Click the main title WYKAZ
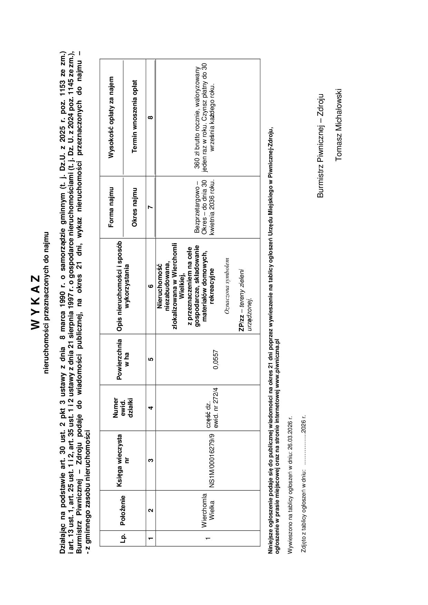pyautogui.click(x=36, y=302)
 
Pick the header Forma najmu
pyautogui.click(x=111, y=207)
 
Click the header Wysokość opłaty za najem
pyautogui.click(x=111, y=117)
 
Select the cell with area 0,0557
pyautogui.click(x=216, y=359)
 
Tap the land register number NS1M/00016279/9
pyautogui.click(x=212, y=460)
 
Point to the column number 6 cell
pyautogui.click(x=151, y=286)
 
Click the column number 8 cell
pyautogui.click(x=151, y=117)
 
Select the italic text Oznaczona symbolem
pyautogui.click(x=227, y=286)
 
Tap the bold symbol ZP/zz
pyautogui.click(x=242, y=324)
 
